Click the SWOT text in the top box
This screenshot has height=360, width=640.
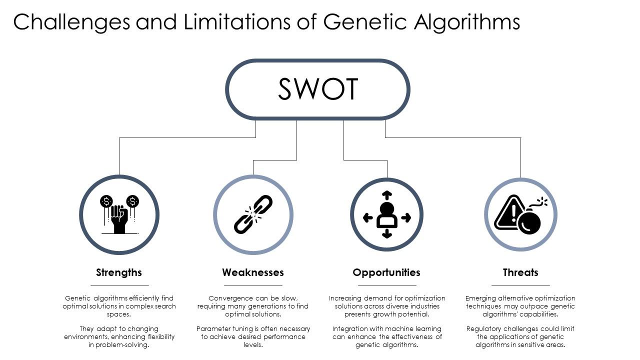click(318, 89)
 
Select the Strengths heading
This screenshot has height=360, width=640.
click(119, 272)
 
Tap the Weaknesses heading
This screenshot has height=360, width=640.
click(253, 272)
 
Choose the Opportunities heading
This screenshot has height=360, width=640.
click(386, 272)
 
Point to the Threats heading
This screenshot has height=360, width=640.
click(520, 272)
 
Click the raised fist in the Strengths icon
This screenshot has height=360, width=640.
click(119, 218)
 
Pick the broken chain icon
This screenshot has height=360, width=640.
click(253, 214)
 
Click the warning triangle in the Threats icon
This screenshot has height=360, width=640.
click(508, 213)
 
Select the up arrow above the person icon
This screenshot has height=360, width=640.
click(386, 194)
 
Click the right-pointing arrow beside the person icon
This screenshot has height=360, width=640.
click(406, 217)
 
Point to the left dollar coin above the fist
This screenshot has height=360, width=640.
click(106, 201)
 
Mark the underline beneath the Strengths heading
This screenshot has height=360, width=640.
click(119, 285)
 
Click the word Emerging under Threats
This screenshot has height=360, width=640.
click(481, 298)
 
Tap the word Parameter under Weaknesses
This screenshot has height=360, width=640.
click(214, 329)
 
